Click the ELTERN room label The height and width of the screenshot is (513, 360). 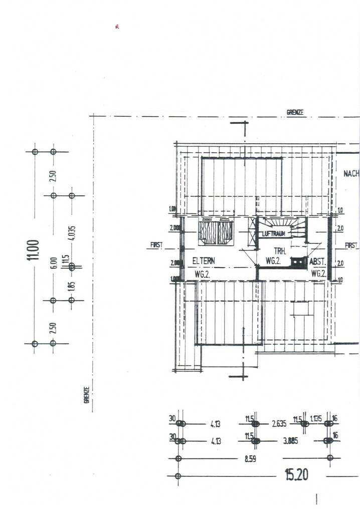pos(204,261)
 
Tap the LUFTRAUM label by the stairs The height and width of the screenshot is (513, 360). pos(274,234)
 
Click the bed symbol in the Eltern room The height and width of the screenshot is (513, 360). pos(216,232)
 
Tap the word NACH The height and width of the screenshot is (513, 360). pos(351,174)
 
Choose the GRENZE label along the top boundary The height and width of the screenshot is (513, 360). pos(295,112)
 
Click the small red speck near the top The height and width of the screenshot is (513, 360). pos(116,27)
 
